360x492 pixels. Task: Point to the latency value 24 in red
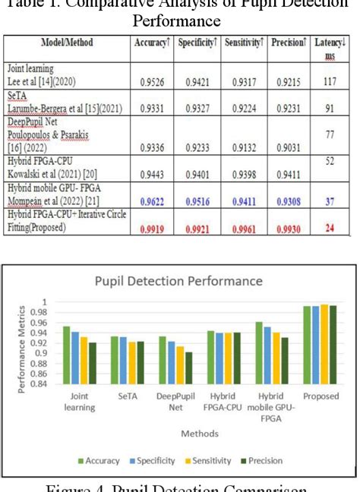coord(330,228)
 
